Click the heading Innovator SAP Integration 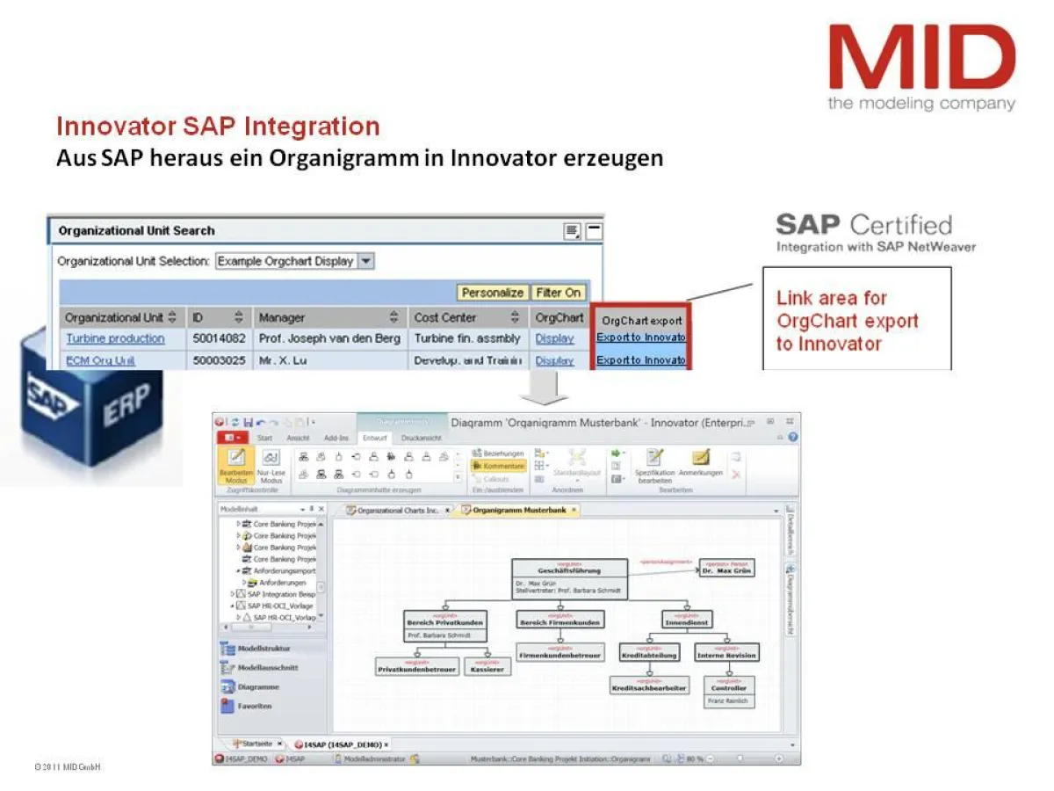[x=218, y=127]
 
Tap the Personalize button [x=493, y=293]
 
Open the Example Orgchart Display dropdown [x=366, y=261]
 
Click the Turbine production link [x=115, y=338]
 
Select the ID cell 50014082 [x=218, y=338]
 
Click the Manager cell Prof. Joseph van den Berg [x=329, y=338]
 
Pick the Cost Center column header [x=445, y=317]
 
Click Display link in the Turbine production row [x=554, y=338]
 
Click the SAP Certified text [x=864, y=225]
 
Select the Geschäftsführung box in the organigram [x=569, y=579]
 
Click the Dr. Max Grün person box [x=726, y=569]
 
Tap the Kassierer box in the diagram [x=487, y=667]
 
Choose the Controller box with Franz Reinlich [x=729, y=692]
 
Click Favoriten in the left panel [x=254, y=706]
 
